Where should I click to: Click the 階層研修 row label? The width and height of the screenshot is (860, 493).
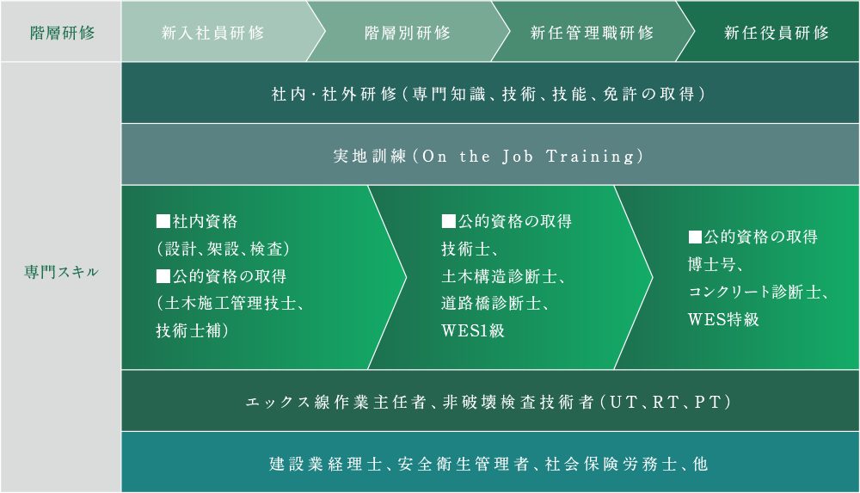coord(61,33)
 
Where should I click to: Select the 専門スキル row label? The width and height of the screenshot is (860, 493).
coord(61,273)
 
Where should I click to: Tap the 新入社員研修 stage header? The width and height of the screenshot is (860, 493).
coord(212,33)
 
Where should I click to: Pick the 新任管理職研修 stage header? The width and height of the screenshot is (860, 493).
coord(592,33)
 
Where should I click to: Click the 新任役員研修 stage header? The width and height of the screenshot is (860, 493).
coord(777,33)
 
